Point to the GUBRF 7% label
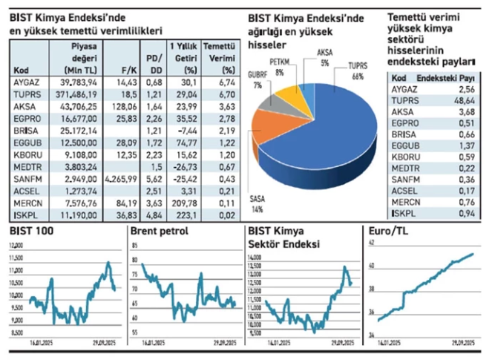coord(260,81)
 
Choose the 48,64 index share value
coord(464,99)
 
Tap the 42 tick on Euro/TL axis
coord(372,243)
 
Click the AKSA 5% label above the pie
coord(324,57)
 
